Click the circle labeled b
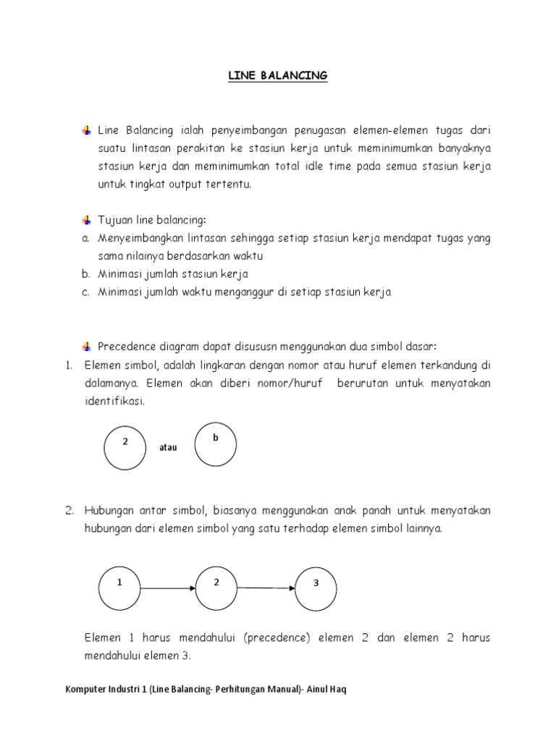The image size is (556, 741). pyautogui.click(x=215, y=444)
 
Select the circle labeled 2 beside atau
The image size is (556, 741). pyautogui.click(x=125, y=448)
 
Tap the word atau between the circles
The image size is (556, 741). pyautogui.click(x=167, y=448)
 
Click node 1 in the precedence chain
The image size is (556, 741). pyautogui.click(x=119, y=588)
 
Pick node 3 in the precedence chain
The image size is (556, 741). pyautogui.click(x=316, y=588)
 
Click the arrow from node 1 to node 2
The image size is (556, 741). pyautogui.click(x=168, y=588)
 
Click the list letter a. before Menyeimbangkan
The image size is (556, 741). pyautogui.click(x=85, y=238)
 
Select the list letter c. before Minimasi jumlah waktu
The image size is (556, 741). pyautogui.click(x=85, y=292)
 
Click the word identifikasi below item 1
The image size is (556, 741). pyautogui.click(x=114, y=400)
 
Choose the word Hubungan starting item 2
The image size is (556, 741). pyautogui.click(x=106, y=510)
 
